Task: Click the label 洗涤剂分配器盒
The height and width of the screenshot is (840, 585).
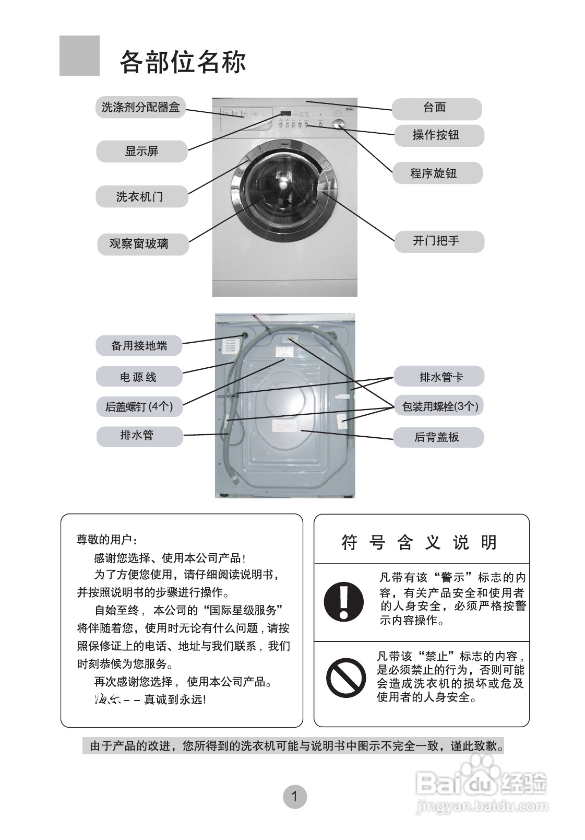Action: coord(140,108)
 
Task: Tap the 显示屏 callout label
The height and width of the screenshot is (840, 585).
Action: coord(141,151)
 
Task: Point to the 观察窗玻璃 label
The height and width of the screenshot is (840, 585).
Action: coord(142,244)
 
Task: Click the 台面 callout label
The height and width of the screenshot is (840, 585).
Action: coord(436,108)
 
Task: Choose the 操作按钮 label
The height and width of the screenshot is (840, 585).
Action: coord(438,135)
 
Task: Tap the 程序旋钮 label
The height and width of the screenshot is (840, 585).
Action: coord(437,173)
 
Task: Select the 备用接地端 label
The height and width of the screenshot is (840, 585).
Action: coord(139,346)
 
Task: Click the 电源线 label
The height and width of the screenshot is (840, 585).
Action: coord(139,377)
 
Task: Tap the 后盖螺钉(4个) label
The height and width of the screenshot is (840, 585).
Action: coord(139,406)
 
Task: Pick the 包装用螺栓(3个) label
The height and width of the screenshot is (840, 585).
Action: coord(439,406)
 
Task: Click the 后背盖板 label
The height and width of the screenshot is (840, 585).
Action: coord(438,437)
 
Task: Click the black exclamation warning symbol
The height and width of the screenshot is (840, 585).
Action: coord(343,601)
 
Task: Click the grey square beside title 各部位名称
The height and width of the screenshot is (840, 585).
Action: coord(79,56)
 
